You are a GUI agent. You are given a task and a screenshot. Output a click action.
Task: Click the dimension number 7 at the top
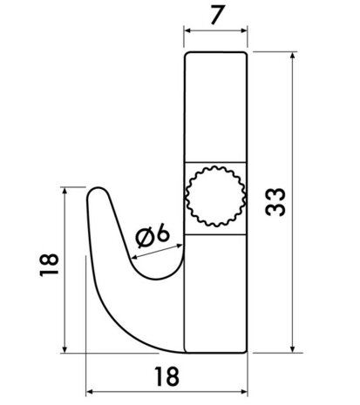[214, 16]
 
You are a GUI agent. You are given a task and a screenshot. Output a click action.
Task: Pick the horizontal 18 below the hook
[166, 375]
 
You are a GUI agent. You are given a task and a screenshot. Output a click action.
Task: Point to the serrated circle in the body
[214, 196]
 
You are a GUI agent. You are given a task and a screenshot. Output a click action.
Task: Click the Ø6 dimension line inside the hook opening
[157, 250]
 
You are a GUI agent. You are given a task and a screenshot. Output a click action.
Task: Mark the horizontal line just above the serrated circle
[214, 162]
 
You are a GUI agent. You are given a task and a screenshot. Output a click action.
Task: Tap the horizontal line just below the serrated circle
[214, 232]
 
